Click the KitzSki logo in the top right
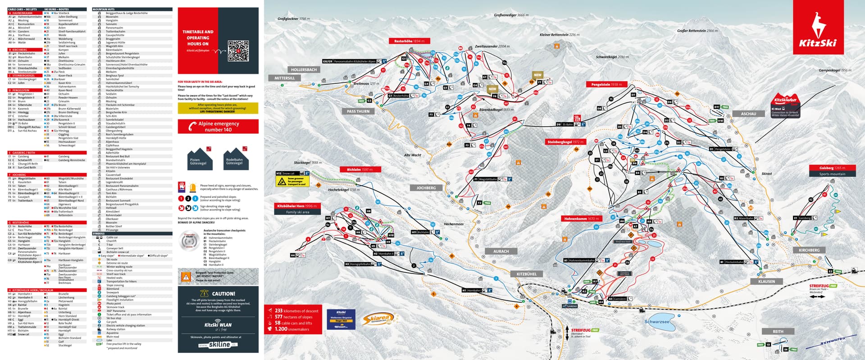[818, 28]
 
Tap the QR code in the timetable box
[238, 51]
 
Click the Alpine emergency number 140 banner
[218, 127]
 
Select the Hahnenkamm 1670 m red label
[581, 219]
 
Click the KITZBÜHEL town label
[526, 274]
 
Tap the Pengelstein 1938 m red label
[606, 84]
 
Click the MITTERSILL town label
[284, 78]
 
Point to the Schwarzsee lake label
[657, 322]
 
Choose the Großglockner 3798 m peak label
[293, 19]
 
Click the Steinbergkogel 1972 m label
[565, 142]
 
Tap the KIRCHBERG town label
[809, 250]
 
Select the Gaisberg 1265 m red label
[832, 168]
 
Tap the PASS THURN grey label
[358, 111]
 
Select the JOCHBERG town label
[426, 188]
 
